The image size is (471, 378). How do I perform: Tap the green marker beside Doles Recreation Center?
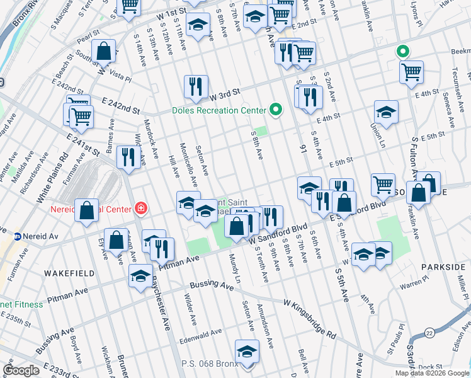pyautogui.click(x=275, y=110)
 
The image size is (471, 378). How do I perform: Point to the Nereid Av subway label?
pyautogui.click(x=40, y=236)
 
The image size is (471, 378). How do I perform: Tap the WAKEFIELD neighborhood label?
pyautogui.click(x=69, y=273)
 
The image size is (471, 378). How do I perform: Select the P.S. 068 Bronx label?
pyautogui.click(x=208, y=364)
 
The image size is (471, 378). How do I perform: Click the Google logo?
pyautogui.click(x=21, y=370)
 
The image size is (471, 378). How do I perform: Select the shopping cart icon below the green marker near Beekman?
pyautogui.click(x=411, y=72)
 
